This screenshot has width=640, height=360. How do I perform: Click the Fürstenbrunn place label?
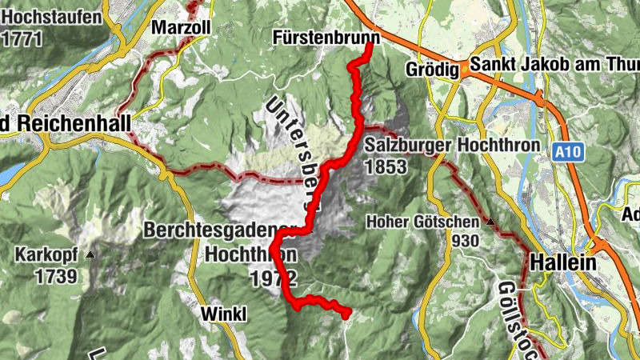coord(325,38)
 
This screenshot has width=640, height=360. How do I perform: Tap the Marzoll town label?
coord(181,28)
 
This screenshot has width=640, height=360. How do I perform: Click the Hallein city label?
coord(563,262)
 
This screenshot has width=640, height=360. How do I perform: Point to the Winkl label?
coord(226,313)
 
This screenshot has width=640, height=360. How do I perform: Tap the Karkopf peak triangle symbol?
coord(90,255)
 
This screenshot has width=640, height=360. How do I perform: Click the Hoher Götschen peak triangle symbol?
coord(490,222)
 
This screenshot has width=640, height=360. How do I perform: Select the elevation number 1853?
coord(386,166)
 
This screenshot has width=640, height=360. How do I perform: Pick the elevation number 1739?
coord(56,277)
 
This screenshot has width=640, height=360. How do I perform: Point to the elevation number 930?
coord(465,241)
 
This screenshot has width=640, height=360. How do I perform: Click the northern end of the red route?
coord(370,44)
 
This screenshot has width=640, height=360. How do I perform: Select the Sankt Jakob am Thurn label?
coord(554,66)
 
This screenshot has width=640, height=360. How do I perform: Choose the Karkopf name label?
coord(46,256)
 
